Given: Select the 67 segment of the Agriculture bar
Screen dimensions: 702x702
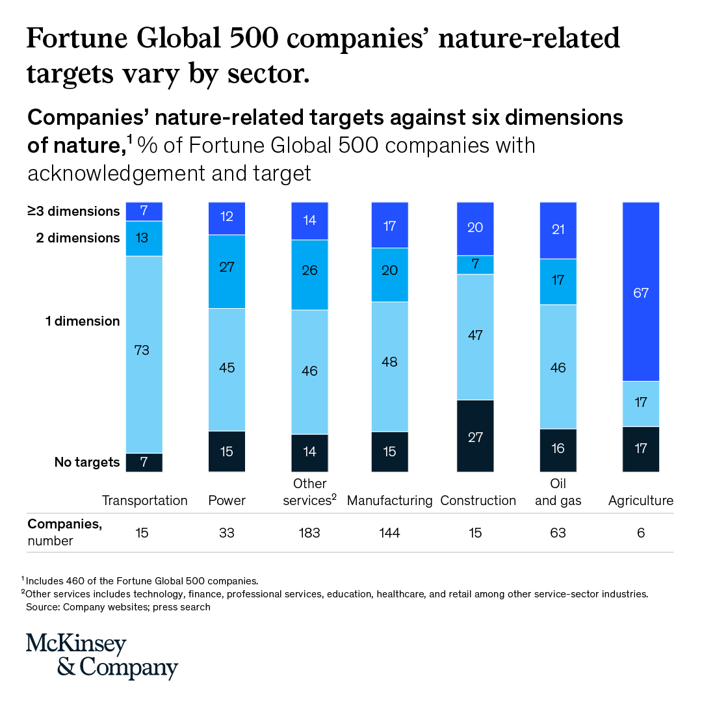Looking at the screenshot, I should pos(641,292).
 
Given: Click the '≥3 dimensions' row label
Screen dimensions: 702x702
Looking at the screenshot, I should pos(73,211).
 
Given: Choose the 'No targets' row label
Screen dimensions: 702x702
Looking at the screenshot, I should pos(87,462).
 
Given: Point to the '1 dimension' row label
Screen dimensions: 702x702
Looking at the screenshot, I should pos(82,321).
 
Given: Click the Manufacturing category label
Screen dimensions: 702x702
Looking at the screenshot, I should pos(390,500).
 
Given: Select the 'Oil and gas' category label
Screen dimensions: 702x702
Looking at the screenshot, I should pos(558,492).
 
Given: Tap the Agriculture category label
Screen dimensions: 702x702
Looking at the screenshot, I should pos(641,500).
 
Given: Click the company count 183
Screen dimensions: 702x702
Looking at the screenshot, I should pos(309,533).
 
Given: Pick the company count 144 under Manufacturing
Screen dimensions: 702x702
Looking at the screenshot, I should pos(390,533).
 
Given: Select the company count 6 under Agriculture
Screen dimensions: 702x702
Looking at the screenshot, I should pos(641,533).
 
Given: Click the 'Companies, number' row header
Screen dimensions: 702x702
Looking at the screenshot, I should pos(64,532).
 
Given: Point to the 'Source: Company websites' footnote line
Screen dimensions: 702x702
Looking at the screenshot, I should pos(118,607).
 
